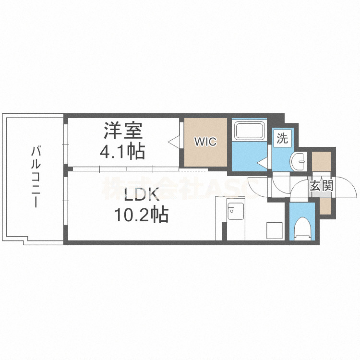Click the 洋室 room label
121,132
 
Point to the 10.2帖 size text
141,214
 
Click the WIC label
205,142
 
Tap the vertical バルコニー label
35,177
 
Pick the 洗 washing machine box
283,139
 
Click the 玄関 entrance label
321,185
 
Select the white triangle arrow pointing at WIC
173,141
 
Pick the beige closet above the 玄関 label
321,161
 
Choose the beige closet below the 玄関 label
325,205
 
